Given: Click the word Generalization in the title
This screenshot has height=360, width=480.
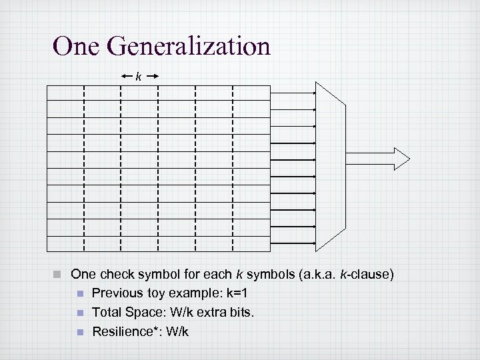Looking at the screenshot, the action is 188,47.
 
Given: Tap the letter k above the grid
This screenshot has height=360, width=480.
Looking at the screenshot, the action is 139,77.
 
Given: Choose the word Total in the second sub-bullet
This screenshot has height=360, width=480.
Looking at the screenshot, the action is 105,312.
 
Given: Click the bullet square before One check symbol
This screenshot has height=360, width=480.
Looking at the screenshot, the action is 59,274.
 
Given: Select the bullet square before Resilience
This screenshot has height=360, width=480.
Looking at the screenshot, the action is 80,331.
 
